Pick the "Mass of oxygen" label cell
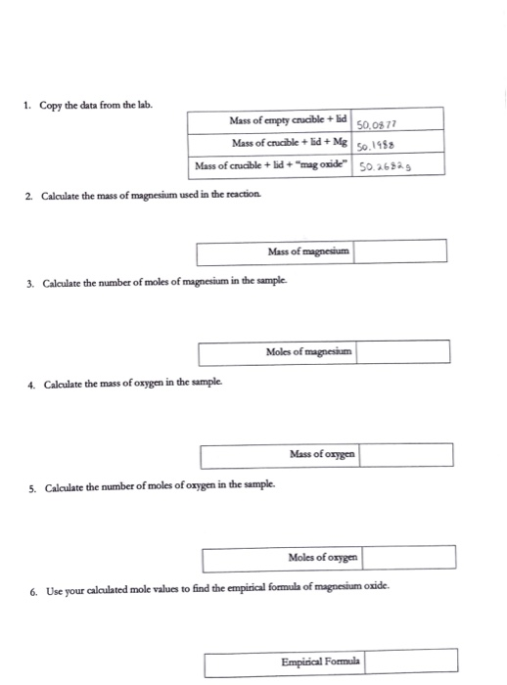[x=322, y=454]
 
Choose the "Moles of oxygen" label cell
[x=324, y=558]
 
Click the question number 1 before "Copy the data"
[x=29, y=106]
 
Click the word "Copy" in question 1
[x=51, y=106]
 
